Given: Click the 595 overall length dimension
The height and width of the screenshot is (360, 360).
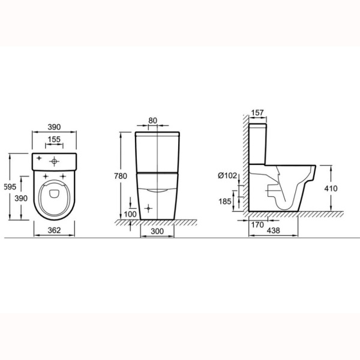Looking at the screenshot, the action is coord(10,187).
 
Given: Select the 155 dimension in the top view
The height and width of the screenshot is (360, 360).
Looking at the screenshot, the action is coord(54,139).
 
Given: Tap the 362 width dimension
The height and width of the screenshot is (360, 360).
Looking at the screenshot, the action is coord(54,230).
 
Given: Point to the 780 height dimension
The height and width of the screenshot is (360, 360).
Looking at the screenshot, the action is coord(121,176).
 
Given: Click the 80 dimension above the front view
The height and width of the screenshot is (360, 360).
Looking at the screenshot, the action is coord(152,121).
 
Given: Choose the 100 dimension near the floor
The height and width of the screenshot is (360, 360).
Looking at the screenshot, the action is coord(130,214).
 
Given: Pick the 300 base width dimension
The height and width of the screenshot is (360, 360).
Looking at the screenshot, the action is coord(157,231).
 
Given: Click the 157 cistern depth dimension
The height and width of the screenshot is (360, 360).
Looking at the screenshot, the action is coord(257,113).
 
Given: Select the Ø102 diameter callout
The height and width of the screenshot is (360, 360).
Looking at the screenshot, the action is coord(227,176).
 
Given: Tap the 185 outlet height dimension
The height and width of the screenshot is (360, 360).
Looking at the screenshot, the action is coord(225,202).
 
